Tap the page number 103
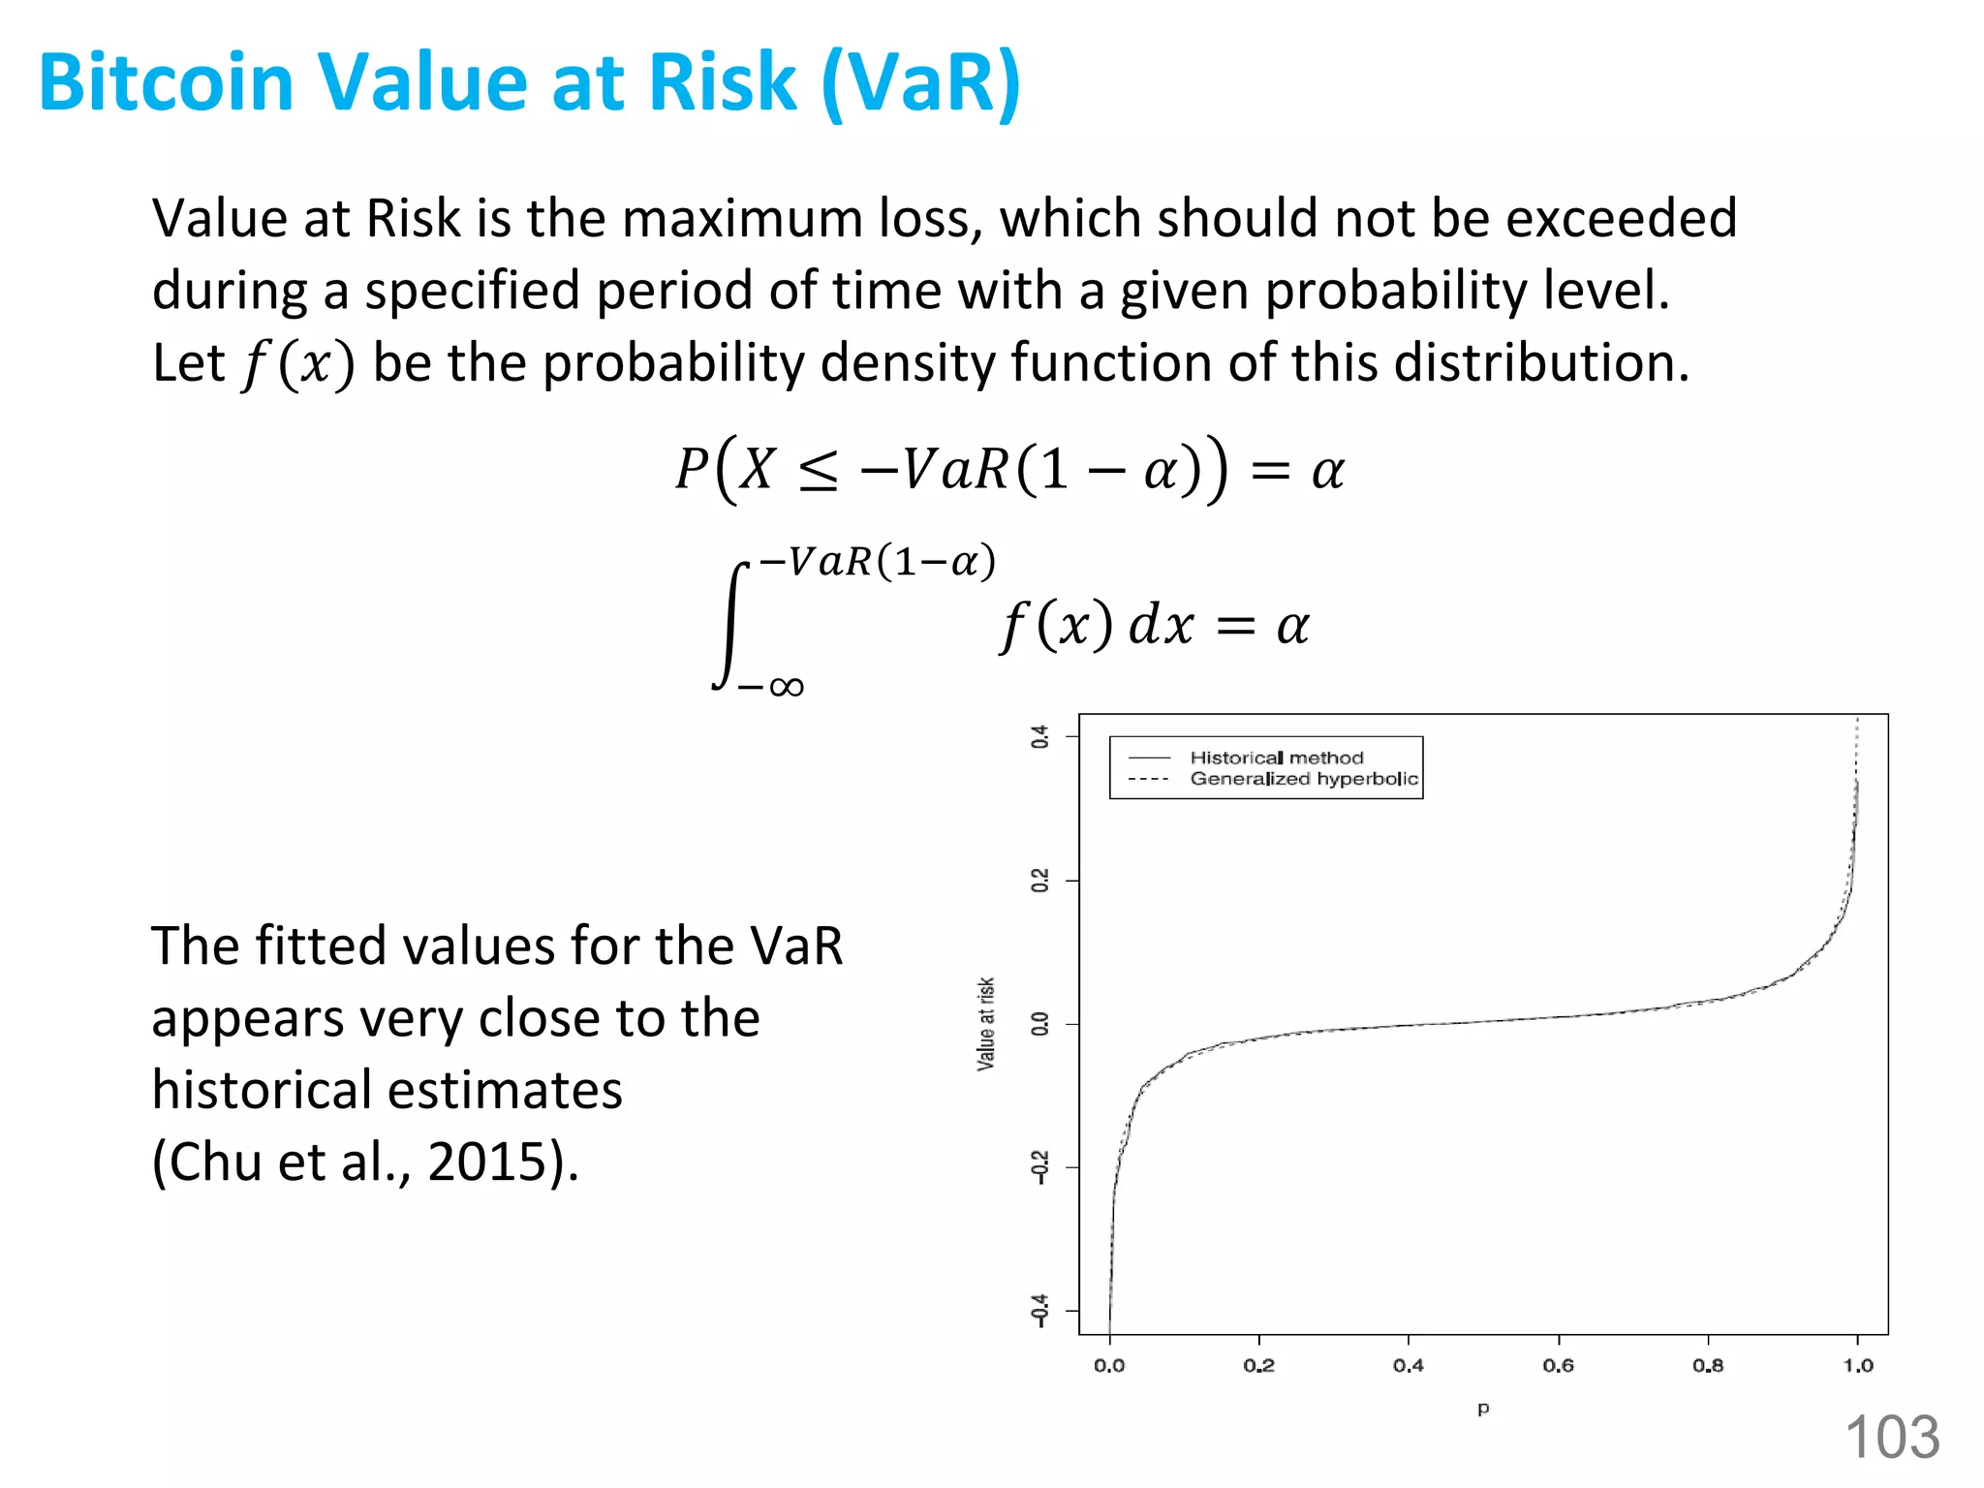tap(1892, 1437)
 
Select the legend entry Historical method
tap(1276, 758)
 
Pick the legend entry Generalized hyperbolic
tap(1304, 779)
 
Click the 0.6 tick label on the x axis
tap(1558, 1366)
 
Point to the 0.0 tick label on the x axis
tap(1109, 1366)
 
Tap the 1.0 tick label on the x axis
tap(1857, 1366)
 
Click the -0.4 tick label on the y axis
tap(1039, 1310)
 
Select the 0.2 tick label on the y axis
tap(1039, 881)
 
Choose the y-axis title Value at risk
tap(985, 1023)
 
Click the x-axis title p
tap(1483, 1408)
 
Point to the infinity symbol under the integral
tap(786, 688)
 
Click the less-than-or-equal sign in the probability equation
tap(819, 472)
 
